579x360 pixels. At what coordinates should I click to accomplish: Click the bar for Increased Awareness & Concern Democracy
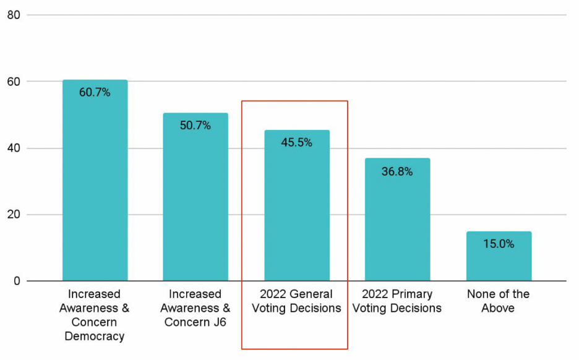(x=95, y=186)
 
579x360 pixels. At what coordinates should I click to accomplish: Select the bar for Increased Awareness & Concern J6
(x=195, y=204)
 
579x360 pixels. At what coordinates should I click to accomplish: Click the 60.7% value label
(x=95, y=93)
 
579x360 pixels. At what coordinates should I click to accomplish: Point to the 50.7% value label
(x=195, y=126)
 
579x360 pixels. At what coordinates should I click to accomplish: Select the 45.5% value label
(x=297, y=143)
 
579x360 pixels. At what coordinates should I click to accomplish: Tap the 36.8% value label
(x=397, y=172)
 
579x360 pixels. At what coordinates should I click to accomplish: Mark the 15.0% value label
(x=499, y=244)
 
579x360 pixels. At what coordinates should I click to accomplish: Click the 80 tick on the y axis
(x=14, y=15)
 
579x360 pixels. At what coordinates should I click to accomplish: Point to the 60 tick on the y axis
(x=14, y=82)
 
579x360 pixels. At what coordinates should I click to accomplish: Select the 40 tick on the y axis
(x=14, y=148)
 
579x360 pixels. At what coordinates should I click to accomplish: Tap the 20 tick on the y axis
(x=14, y=215)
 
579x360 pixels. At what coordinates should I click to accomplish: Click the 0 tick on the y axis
(x=17, y=281)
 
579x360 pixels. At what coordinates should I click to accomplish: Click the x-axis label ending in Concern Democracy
(x=95, y=315)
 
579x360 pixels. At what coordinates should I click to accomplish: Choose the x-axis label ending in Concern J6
(x=195, y=308)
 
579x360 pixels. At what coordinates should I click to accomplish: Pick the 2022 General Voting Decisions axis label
(x=297, y=301)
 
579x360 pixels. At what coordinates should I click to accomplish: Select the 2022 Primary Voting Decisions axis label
(x=397, y=301)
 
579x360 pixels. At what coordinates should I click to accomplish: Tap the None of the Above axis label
(x=499, y=301)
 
